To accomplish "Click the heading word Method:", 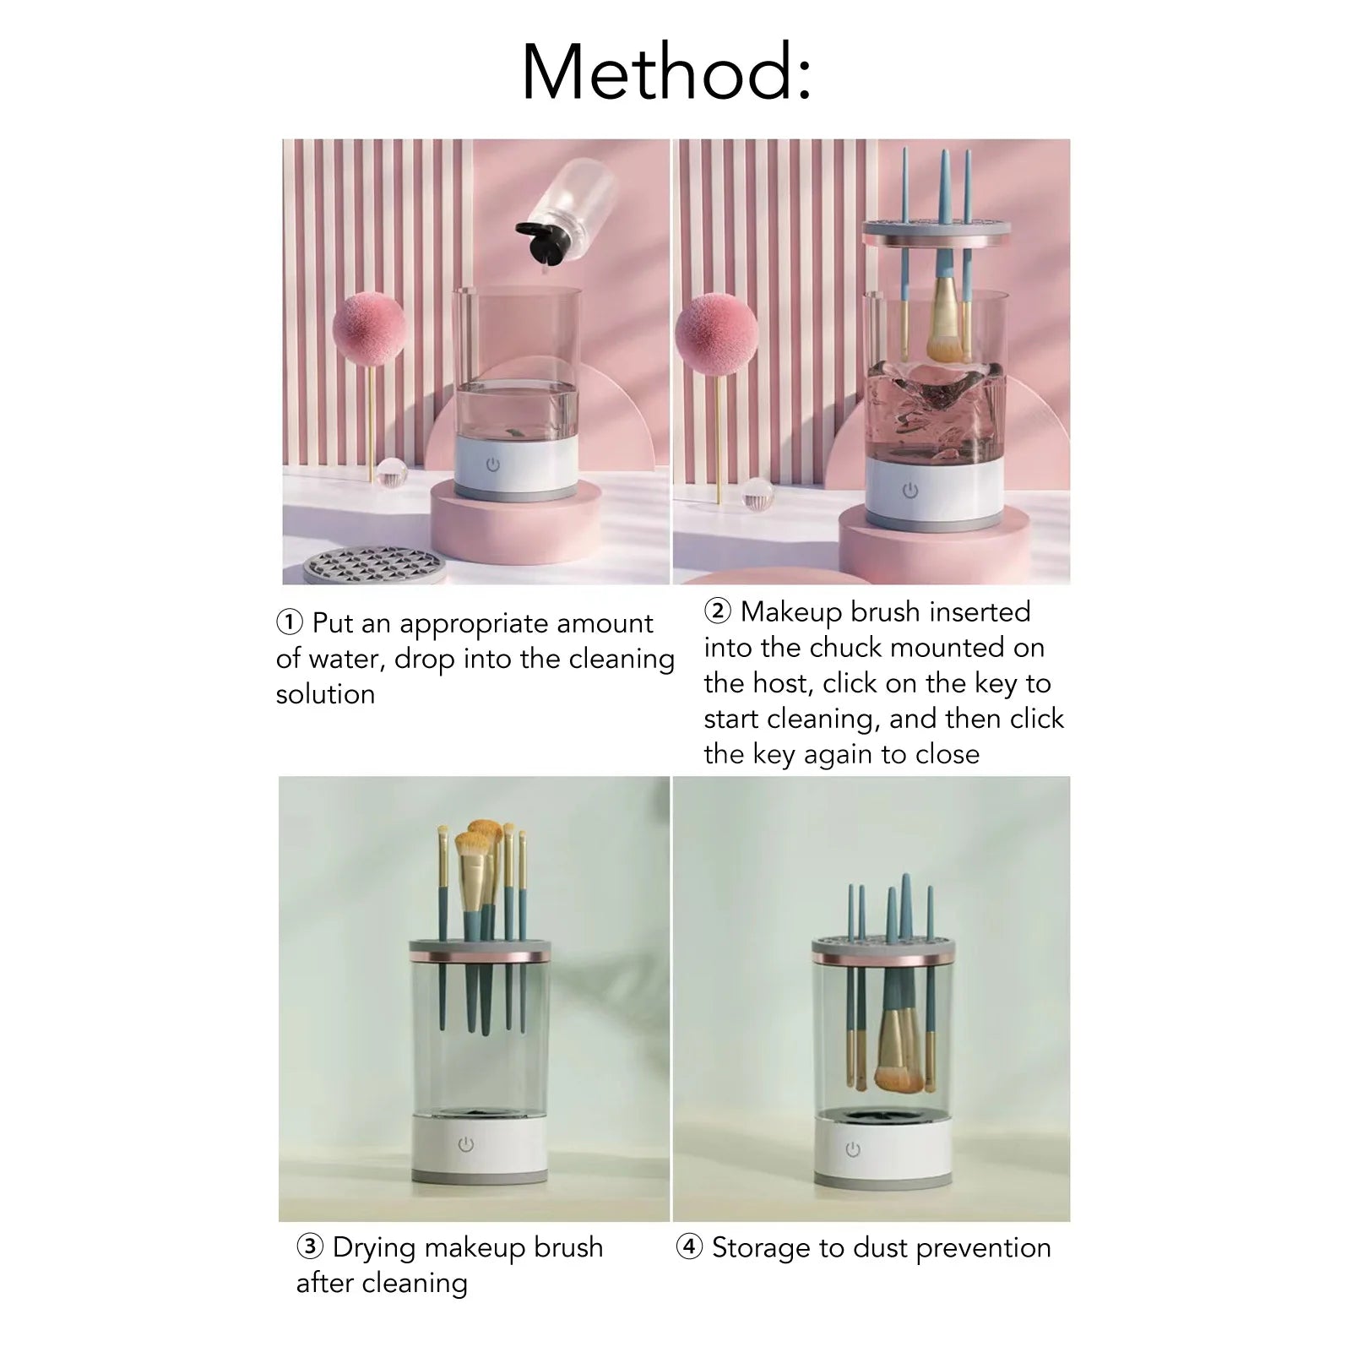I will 666,73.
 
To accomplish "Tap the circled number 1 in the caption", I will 289,623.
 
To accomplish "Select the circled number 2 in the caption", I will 717,611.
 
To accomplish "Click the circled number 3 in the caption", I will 310,1246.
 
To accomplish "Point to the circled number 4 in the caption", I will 689,1246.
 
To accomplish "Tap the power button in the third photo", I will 466,1144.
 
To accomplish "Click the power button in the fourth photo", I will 853,1149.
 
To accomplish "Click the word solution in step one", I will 325,694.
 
